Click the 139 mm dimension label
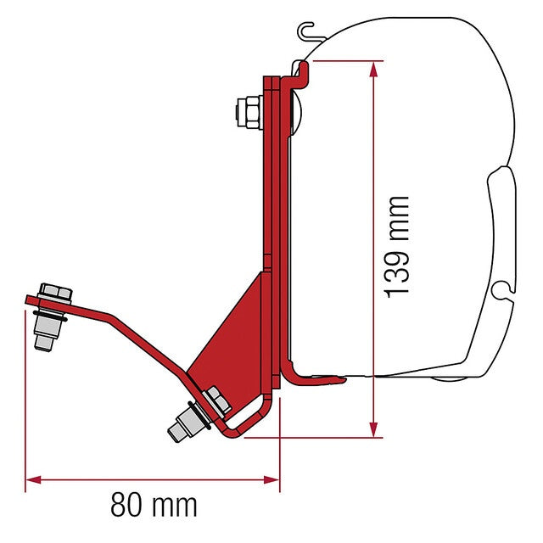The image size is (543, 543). (x=396, y=247)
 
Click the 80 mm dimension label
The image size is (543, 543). (x=154, y=506)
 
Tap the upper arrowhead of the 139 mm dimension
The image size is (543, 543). (x=371, y=66)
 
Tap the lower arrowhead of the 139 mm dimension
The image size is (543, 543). (x=371, y=431)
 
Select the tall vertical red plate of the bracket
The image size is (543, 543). (x=271, y=170)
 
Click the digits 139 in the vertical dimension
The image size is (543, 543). (x=396, y=270)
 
